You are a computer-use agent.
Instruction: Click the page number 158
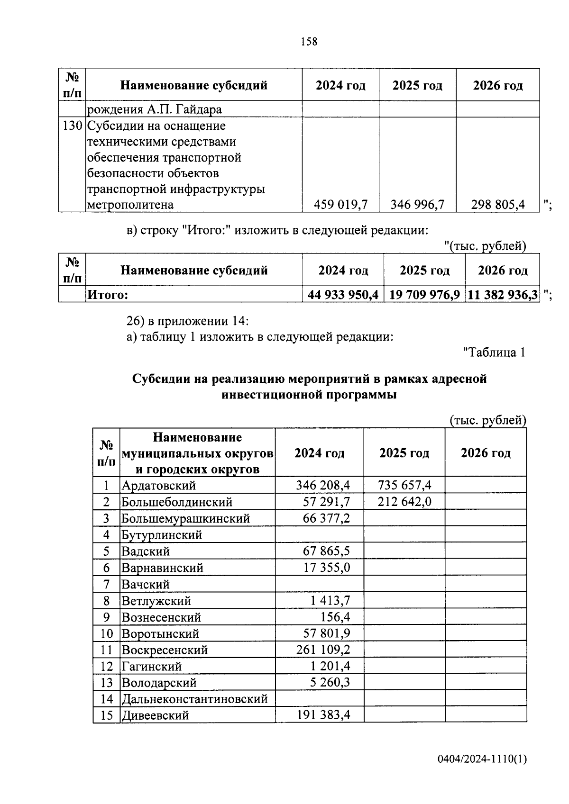[309, 42]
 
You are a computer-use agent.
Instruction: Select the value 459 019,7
[340, 205]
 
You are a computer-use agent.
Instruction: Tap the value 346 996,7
[417, 205]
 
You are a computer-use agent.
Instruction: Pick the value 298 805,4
[497, 205]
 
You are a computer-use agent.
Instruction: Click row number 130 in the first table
[72, 126]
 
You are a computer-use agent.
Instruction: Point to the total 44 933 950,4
[343, 295]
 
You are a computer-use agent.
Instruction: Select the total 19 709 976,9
[424, 295]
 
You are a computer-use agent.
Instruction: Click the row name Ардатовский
[159, 486]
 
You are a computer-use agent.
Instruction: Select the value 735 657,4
[404, 485]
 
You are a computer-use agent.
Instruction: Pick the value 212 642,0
[404, 502]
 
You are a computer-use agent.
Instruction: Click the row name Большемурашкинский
[185, 518]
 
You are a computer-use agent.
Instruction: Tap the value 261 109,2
[323, 650]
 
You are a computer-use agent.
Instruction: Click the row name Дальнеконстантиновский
[195, 699]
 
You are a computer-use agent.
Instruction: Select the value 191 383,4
[323, 715]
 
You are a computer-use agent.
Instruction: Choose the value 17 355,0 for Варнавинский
[327, 568]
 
